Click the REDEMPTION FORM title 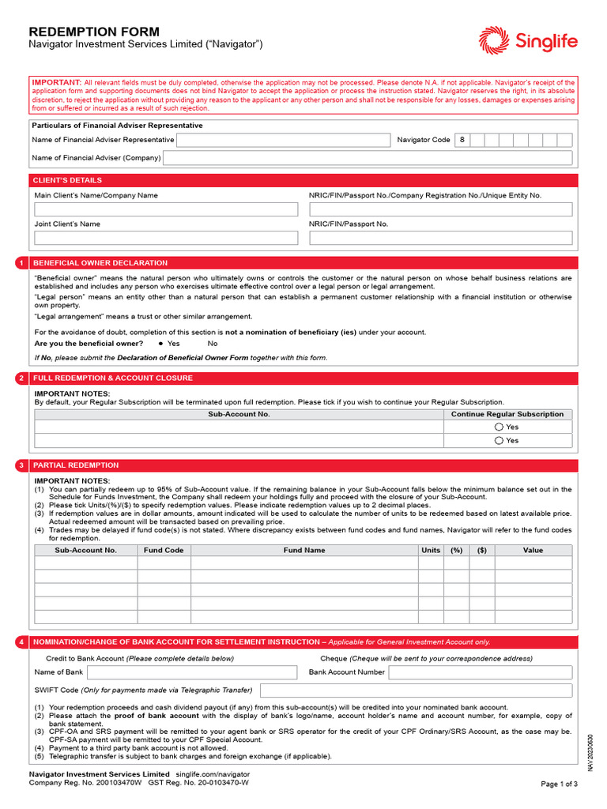94,32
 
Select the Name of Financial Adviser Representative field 284,141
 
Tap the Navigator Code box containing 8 462,140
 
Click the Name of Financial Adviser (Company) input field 368,158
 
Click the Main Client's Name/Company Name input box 166,209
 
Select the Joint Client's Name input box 166,238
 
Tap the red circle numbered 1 21,263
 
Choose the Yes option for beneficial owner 161,344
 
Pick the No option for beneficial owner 213,344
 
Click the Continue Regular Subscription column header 507,414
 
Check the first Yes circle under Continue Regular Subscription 499,427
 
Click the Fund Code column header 164,550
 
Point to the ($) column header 481,550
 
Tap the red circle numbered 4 21,642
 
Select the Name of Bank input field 194,672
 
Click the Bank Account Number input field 480,672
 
